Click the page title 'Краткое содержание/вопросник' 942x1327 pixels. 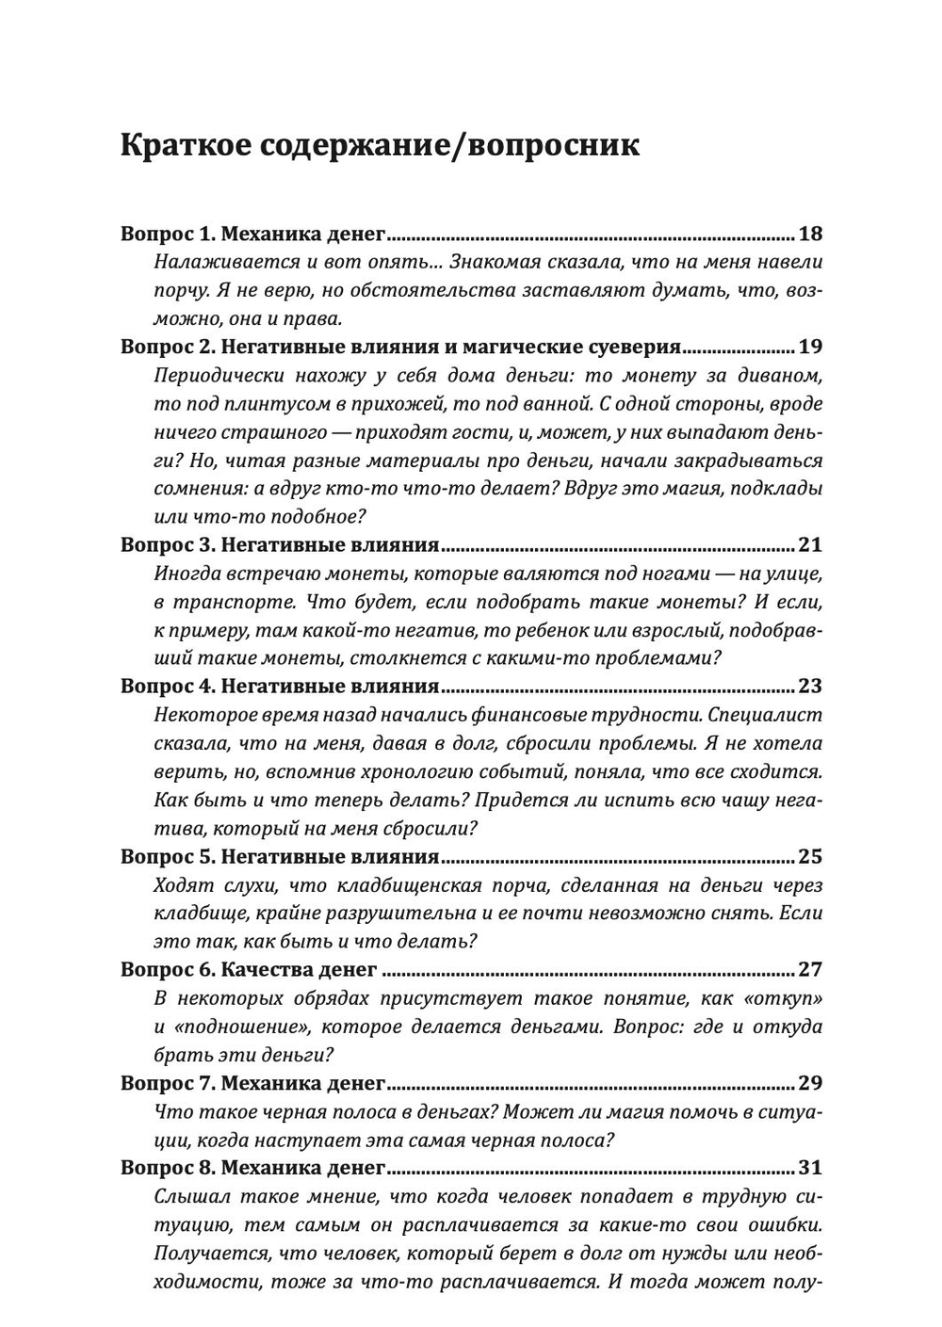(x=381, y=146)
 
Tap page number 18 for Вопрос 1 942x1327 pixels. (x=809, y=234)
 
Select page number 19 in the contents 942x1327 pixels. (x=809, y=347)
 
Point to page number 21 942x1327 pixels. (x=809, y=544)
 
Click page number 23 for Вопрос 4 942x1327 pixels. (x=809, y=686)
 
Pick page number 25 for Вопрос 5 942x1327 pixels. (x=809, y=856)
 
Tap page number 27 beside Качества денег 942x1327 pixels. (x=809, y=969)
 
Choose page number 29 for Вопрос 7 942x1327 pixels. (x=809, y=1082)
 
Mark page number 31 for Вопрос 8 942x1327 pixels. (x=809, y=1168)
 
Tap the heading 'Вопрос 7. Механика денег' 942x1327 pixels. (x=253, y=1082)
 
